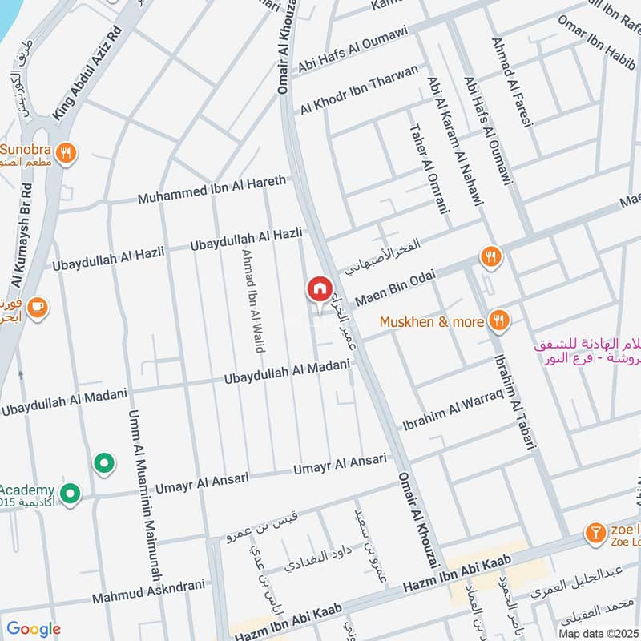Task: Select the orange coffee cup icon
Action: pos(37,306)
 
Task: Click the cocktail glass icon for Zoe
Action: pos(595,533)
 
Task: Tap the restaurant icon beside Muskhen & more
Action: pos(499,321)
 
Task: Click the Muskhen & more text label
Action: pos(432,322)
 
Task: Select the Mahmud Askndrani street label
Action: pos(148,592)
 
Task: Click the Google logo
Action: pos(33,629)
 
